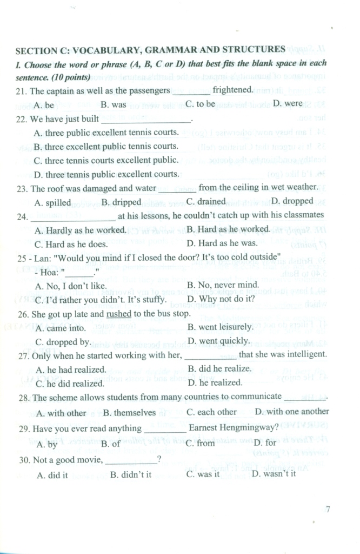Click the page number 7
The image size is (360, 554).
[329, 509]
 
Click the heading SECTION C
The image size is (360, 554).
[150, 50]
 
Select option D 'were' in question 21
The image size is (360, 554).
[288, 103]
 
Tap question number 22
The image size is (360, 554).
[22, 118]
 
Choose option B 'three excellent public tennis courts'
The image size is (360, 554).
[106, 146]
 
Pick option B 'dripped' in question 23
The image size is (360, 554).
[121, 202]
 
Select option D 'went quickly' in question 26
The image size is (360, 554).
[218, 341]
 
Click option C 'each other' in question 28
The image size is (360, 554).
[211, 412]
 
